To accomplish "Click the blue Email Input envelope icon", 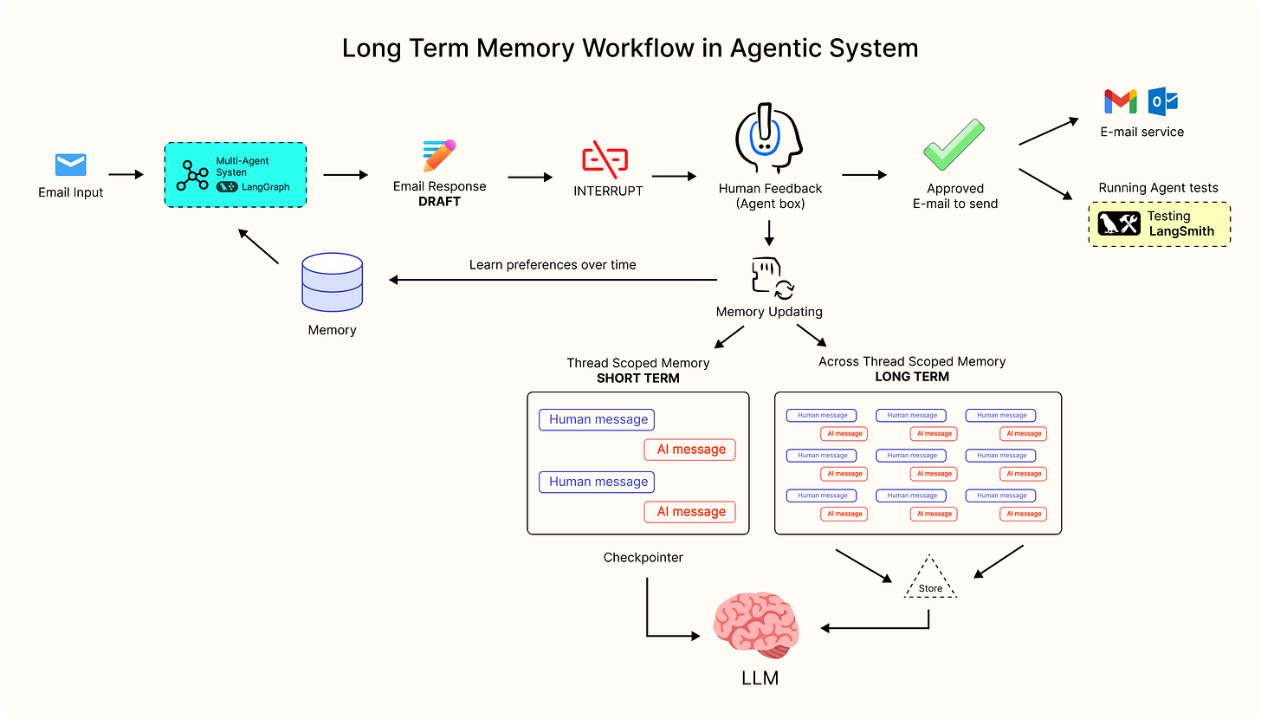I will [70, 165].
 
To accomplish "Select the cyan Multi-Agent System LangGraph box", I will [236, 174].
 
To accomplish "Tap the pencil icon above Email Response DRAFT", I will [439, 156].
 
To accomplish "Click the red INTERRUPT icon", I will [605, 159].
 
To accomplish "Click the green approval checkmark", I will [954, 145].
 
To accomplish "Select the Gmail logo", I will [1120, 101].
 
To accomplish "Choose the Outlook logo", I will [1163, 101].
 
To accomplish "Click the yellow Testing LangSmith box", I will [1159, 223].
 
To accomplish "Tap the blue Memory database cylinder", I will [332, 283].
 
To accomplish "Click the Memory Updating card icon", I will [769, 276].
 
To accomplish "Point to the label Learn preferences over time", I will [553, 265].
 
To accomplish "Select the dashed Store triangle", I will [930, 580].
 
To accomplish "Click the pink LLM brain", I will [756, 626].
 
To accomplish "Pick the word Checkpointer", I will [643, 558].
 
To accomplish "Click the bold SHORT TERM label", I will [637, 379].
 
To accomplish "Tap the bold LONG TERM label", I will [912, 377].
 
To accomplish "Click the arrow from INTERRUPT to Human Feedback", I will [675, 177].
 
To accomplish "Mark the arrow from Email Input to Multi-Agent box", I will [126, 174].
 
